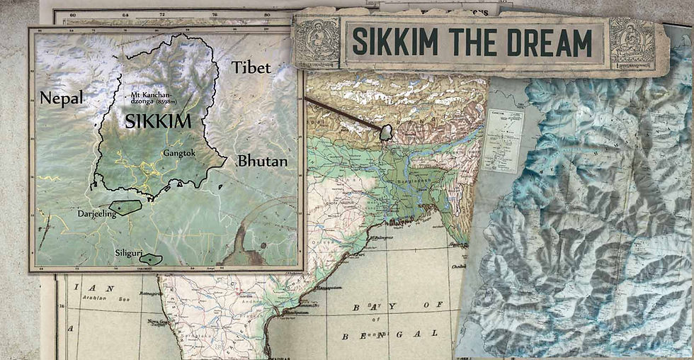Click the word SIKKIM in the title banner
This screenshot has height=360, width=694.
(392, 43)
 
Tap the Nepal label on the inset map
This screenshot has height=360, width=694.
(61, 98)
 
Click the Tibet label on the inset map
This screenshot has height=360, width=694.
(251, 67)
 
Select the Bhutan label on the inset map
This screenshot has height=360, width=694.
(262, 161)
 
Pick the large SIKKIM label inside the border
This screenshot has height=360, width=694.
(157, 121)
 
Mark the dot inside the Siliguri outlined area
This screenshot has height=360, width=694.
(151, 259)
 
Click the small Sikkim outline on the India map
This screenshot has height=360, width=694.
(386, 132)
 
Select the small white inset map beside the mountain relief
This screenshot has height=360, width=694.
(503, 140)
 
